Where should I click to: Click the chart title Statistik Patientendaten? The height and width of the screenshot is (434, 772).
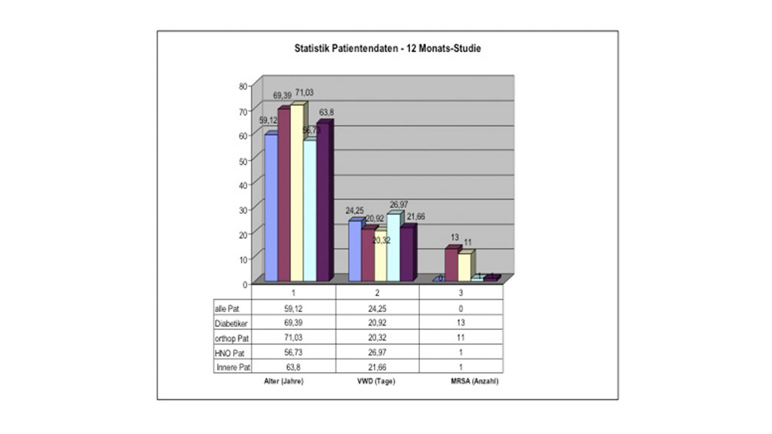(x=388, y=48)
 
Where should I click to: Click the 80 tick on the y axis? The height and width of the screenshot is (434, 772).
(x=244, y=86)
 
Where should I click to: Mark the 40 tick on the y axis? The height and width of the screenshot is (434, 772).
(x=244, y=185)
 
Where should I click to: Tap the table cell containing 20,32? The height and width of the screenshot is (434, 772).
(x=376, y=338)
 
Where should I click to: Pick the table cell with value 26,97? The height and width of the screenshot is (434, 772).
(x=376, y=352)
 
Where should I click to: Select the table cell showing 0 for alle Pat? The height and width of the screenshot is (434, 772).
(x=461, y=308)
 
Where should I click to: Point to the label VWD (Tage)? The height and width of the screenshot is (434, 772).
(x=376, y=381)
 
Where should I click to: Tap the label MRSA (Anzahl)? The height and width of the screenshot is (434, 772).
(x=461, y=381)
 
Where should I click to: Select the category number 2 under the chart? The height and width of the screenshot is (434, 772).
(x=376, y=292)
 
